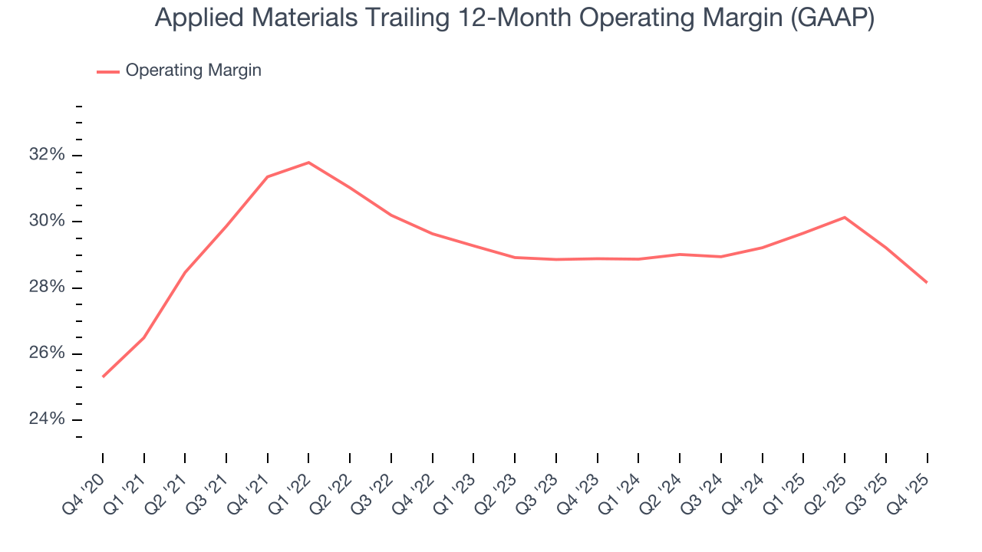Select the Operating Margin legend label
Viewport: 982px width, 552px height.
pos(193,71)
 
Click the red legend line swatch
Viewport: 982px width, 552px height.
pos(108,71)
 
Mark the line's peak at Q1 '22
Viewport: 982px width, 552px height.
pos(308,163)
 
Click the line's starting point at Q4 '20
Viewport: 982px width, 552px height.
pos(103,376)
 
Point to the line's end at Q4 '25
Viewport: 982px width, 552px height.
pos(927,282)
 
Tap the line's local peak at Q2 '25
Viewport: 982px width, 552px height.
pos(845,217)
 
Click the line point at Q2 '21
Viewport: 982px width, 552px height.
pos(185,272)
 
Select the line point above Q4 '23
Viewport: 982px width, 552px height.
pos(598,258)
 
